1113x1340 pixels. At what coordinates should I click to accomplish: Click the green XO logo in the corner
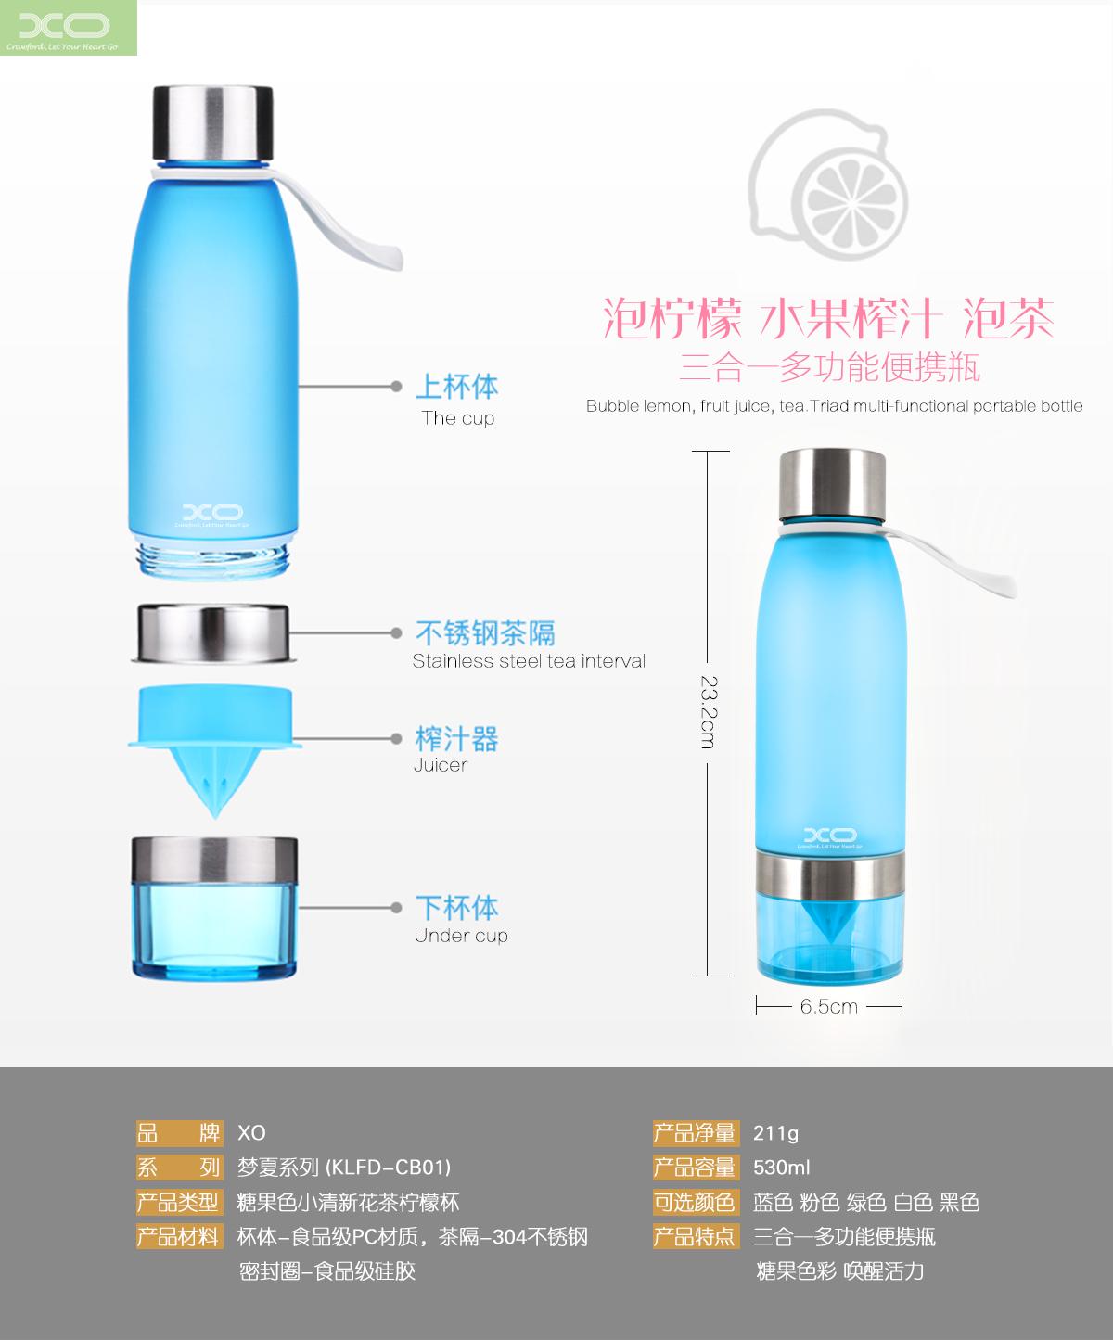68,28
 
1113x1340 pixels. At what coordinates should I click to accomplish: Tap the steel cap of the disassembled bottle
212,122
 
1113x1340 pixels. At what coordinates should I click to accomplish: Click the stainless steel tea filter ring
213,633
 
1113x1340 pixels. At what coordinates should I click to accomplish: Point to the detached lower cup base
214,908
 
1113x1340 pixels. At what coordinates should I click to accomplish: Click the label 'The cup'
458,418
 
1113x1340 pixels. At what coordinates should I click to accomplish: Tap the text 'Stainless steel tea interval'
529,661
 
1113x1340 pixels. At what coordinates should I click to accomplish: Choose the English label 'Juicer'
441,765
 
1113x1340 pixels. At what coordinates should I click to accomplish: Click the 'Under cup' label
461,936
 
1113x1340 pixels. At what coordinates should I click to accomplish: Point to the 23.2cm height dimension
709,712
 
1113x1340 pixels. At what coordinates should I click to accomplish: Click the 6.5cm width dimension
828,1006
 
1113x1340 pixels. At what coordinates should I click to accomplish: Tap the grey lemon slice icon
828,186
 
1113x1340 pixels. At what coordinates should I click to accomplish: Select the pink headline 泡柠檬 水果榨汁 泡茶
828,318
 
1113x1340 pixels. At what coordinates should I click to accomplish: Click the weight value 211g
776,1133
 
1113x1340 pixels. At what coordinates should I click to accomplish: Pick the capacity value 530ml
782,1168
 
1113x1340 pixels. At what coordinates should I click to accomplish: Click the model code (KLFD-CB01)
389,1167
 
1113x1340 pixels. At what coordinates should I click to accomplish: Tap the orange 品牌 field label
179,1133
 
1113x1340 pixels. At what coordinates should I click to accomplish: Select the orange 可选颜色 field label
694,1202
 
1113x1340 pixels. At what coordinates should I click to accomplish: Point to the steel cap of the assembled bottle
833,484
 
